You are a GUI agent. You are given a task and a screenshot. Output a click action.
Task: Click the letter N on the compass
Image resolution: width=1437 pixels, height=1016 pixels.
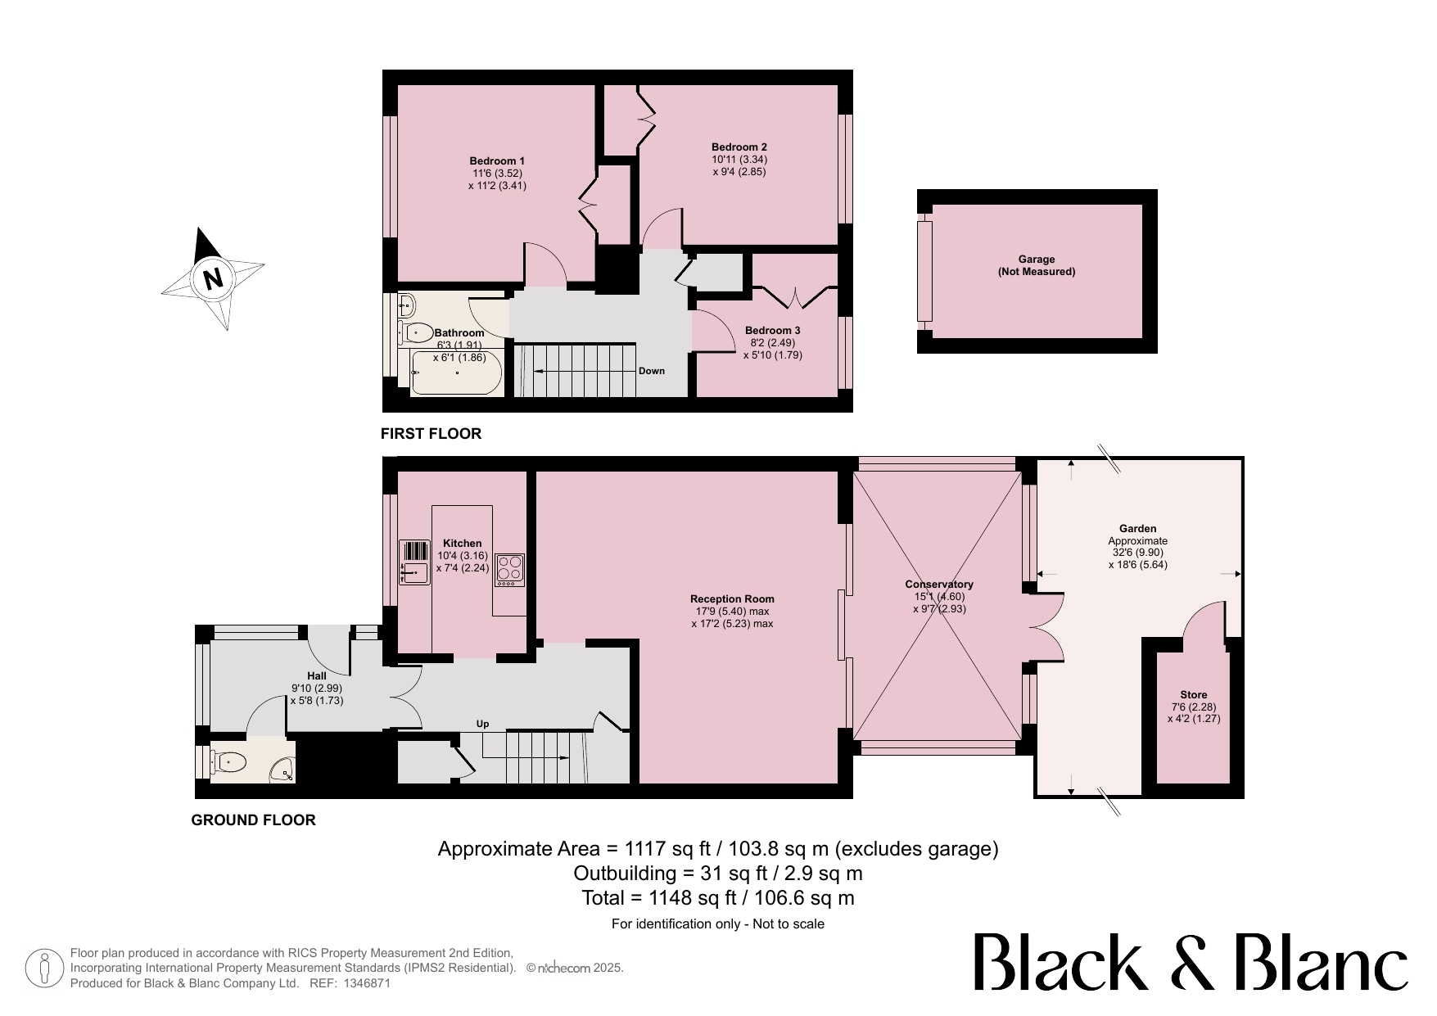tap(213, 279)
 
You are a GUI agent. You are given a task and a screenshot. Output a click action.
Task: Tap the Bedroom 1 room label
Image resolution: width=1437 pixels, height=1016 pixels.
tap(497, 160)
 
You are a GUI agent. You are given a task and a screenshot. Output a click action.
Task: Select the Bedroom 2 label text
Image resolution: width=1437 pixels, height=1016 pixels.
tap(739, 147)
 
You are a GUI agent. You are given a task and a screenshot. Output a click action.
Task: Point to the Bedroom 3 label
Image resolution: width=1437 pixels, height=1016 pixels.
tap(772, 331)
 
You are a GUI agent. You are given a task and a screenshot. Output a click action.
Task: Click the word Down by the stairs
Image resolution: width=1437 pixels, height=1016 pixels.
tap(652, 371)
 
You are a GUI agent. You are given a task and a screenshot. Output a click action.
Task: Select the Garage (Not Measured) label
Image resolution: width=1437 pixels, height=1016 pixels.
tap(1037, 265)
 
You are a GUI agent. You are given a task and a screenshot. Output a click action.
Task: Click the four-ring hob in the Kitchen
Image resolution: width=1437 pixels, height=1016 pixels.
tap(509, 570)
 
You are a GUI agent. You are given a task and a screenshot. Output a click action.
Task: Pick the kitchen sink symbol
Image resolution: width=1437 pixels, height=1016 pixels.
tap(414, 562)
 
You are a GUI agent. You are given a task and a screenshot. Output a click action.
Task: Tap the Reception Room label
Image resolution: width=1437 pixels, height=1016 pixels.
tap(732, 598)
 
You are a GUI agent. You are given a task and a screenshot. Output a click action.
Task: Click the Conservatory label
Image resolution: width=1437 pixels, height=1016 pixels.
tap(939, 585)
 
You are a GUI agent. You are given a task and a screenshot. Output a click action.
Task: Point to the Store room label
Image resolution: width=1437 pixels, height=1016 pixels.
tap(1194, 694)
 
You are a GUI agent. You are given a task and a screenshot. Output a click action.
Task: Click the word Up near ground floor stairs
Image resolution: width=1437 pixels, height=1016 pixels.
tap(483, 724)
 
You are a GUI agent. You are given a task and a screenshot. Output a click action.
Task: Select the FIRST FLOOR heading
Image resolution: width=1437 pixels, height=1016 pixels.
tap(432, 434)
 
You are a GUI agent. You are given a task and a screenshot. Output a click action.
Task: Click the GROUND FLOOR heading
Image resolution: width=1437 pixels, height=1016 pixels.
tap(253, 820)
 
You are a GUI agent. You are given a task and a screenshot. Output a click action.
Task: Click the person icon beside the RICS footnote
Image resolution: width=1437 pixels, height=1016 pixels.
tap(45, 969)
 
